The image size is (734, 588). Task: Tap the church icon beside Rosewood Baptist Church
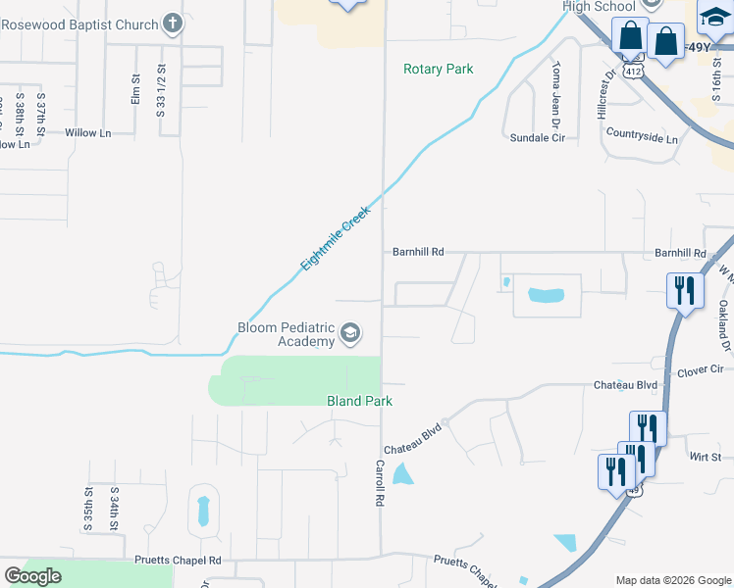pos(173,23)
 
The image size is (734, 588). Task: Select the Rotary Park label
pos(438,69)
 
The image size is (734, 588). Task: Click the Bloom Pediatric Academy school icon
pos(349,335)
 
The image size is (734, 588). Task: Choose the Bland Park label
pos(359,401)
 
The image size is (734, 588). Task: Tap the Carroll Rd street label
pos(378,483)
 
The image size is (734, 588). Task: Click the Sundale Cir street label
pos(538,138)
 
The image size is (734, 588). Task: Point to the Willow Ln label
pos(87,132)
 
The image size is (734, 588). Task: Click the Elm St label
pos(135,90)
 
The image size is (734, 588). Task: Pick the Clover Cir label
pos(700,370)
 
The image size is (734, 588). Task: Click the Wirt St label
pos(705,457)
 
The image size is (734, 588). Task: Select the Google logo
pos(32,576)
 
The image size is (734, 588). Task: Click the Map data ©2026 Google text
pos(672,580)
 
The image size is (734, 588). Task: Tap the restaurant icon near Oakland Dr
pos(684,290)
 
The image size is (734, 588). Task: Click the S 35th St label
pos(88,508)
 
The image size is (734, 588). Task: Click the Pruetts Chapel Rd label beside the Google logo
pos(178,560)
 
